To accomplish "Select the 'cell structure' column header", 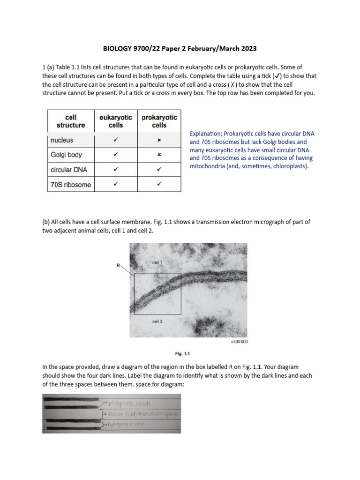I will [x=71, y=121].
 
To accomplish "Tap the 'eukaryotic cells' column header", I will [x=115, y=121].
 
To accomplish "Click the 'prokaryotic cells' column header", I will [x=159, y=121].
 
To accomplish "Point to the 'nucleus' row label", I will [x=62, y=140].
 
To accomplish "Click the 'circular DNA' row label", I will [x=67, y=169].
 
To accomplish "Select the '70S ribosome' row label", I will [x=70, y=184].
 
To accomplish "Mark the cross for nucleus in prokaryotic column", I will [x=159, y=140].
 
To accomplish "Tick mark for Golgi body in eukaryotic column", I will [x=115, y=154].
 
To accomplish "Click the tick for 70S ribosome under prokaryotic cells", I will [x=159, y=184].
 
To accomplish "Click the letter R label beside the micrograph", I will [x=119, y=265].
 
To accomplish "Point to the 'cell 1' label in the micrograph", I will [x=157, y=263].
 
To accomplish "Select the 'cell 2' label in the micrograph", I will [x=157, y=322].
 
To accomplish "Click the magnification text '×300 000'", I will [x=239, y=342].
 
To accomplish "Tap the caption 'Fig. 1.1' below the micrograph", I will [x=183, y=354].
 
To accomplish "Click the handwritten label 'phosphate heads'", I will [x=130, y=403].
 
